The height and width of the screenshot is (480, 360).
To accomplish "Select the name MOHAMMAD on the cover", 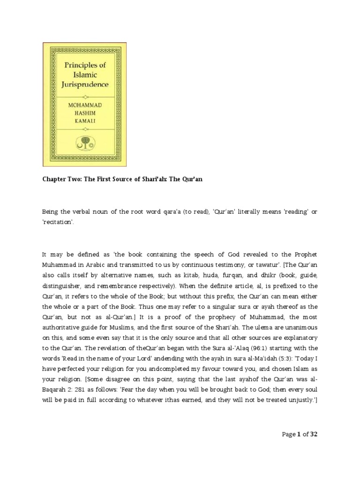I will [84, 105].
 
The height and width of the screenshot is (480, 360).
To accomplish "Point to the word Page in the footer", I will [289, 435].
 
